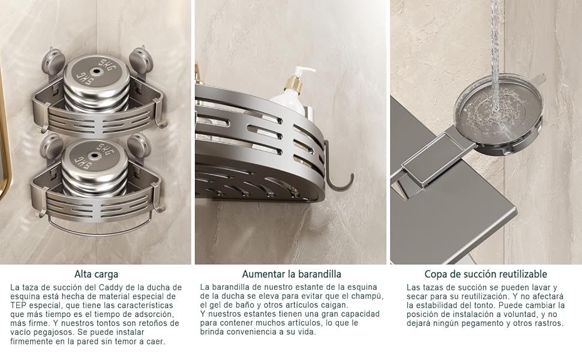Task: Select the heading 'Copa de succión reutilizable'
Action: [485, 274]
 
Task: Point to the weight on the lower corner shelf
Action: [95, 168]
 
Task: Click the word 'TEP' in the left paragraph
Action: [20, 305]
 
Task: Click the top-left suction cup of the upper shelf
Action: [53, 61]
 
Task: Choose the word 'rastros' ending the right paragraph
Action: [548, 323]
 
